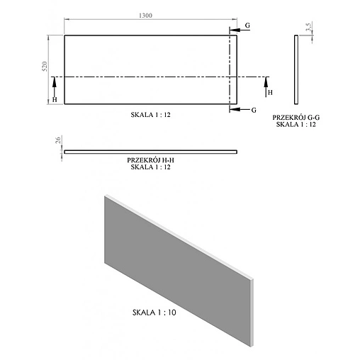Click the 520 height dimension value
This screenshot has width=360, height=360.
pos(44,68)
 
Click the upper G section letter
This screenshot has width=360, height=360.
pos(247,25)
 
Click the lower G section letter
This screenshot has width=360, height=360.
pos(254,110)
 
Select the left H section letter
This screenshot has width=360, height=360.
pos(55,100)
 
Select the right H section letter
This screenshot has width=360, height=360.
pos(269,92)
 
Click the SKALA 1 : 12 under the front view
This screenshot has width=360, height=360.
pos(151,113)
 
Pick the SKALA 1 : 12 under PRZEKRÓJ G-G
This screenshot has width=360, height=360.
pos(296,124)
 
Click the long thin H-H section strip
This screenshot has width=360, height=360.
pos(151,152)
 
